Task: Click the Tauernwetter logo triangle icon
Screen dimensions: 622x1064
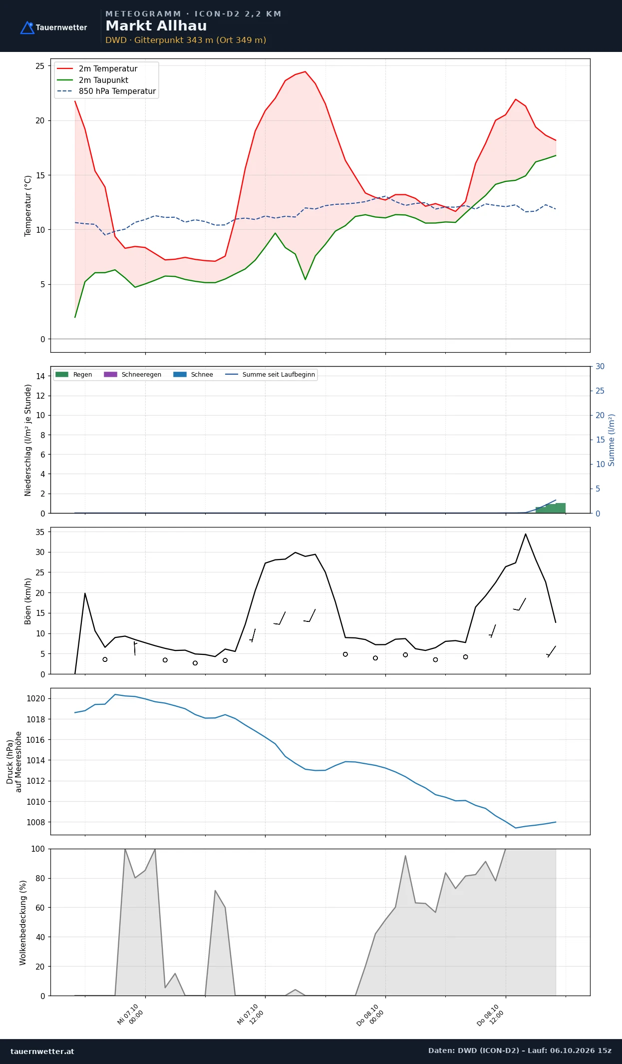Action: (27, 27)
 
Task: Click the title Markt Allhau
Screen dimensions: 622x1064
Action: (156, 26)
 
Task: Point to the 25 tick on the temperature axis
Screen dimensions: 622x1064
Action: (40, 66)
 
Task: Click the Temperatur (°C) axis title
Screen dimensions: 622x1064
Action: (28, 206)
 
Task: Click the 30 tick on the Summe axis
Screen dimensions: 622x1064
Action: (600, 367)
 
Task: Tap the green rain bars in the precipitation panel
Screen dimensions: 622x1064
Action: (551, 509)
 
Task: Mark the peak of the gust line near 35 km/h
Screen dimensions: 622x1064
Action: (526, 534)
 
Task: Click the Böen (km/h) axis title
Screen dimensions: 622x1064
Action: (28, 601)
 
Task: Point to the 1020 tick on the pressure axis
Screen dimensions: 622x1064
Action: (35, 699)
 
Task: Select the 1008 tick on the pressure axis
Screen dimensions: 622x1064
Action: (35, 822)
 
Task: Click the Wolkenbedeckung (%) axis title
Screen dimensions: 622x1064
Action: (23, 923)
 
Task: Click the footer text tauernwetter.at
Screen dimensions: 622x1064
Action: (42, 1052)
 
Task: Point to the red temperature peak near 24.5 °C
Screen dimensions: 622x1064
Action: (306, 71)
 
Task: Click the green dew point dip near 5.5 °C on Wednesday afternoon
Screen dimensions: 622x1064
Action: (306, 279)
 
